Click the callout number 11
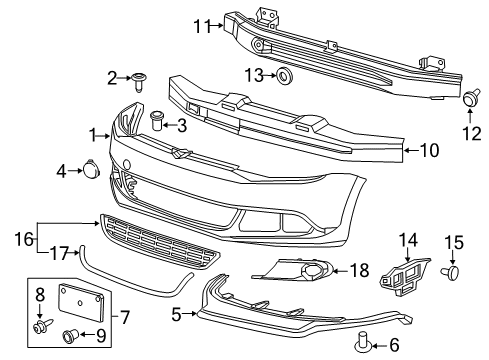coord(203,26)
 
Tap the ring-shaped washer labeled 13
coord(284,76)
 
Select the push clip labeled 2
coord(139,81)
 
